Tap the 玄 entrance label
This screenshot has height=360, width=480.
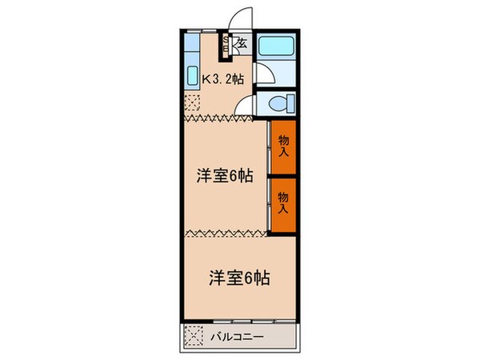242,45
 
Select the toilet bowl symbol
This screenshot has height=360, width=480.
282,103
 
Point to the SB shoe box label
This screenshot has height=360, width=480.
226,46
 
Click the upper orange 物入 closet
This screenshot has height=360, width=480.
283,147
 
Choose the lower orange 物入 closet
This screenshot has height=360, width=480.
283,203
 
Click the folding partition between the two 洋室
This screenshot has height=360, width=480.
225,234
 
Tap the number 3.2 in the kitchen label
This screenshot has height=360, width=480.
224,78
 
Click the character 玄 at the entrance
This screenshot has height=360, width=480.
242,45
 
